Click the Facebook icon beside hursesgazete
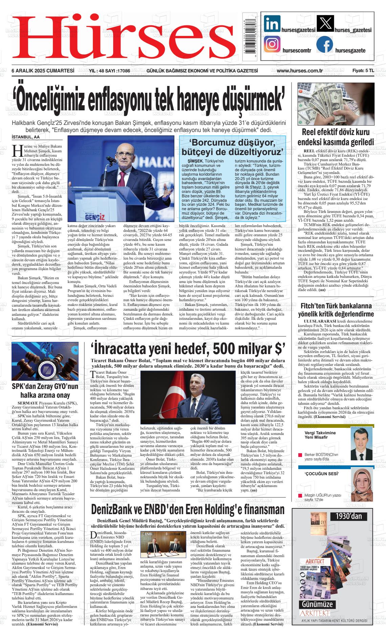coord(324,45)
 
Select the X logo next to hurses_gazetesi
coord(324,24)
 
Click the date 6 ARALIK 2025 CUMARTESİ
coord(43,71)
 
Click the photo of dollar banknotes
coord(336,104)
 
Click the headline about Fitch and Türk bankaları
coord(335,310)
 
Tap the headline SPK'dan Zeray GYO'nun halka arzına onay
coord(45,391)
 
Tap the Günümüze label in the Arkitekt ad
coord(318,604)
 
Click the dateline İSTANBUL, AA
coord(25,137)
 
